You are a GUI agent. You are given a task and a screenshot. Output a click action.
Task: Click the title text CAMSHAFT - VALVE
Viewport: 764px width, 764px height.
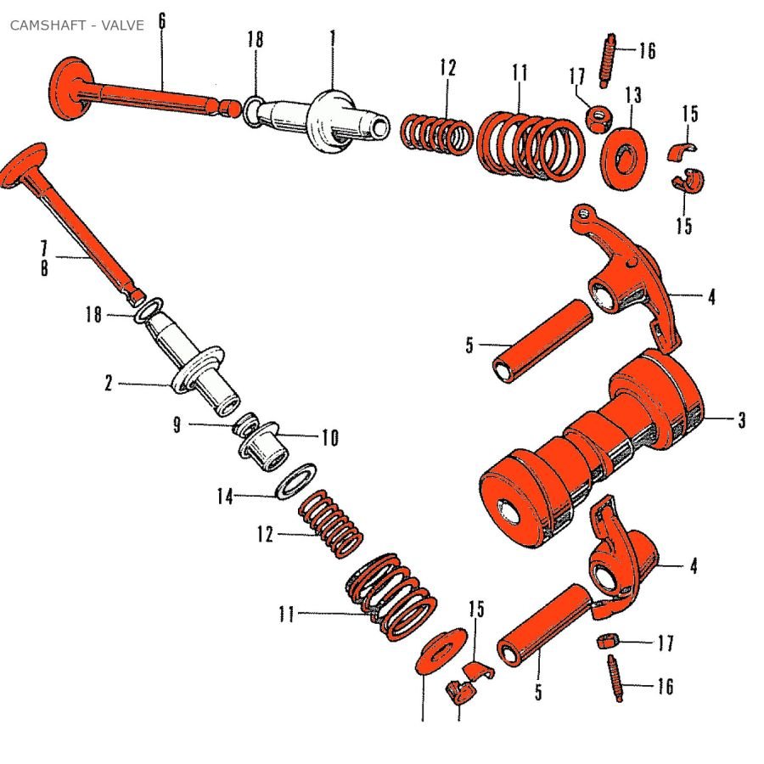pos(76,25)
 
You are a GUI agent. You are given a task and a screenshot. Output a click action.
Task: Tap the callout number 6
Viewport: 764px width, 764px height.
pos(161,21)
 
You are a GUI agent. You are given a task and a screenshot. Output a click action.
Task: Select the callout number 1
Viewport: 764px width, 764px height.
pos(333,38)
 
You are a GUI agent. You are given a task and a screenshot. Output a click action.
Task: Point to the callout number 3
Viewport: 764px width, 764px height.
pos(741,420)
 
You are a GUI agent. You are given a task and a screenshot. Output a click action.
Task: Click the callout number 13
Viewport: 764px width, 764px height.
pos(633,94)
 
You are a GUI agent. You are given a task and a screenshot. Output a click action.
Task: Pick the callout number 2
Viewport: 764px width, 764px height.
pos(109,384)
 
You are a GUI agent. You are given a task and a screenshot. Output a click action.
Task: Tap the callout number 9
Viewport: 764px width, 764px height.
pos(177,425)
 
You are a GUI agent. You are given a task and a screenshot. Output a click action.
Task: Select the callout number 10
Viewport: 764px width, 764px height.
pos(329,438)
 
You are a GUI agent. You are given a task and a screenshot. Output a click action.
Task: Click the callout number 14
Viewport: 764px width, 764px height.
pos(224,497)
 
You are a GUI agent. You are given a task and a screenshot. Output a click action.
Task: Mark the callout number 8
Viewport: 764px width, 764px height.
pos(43,268)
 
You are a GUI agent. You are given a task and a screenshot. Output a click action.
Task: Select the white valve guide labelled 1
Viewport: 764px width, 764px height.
pos(335,123)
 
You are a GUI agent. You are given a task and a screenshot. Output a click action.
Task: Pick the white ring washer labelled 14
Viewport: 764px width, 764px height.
pos(294,483)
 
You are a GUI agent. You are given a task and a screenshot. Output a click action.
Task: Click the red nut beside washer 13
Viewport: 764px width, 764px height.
pos(600,116)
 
